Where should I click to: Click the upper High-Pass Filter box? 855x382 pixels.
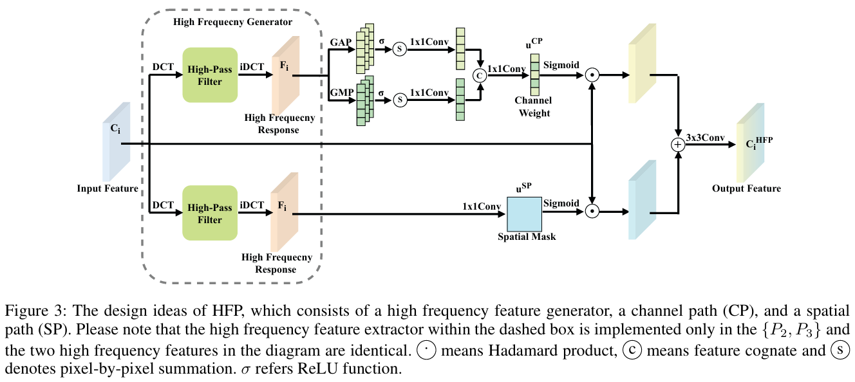(210, 75)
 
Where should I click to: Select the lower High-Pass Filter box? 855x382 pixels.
(210, 213)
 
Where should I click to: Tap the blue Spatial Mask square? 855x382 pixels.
(525, 214)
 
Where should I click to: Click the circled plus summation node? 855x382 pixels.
(678, 145)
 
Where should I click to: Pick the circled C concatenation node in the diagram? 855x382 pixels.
(480, 75)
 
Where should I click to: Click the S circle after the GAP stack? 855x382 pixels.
(400, 49)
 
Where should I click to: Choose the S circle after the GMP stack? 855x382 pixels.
(400, 100)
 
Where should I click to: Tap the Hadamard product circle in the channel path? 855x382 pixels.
(592, 75)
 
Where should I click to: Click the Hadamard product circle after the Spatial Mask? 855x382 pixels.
(592, 211)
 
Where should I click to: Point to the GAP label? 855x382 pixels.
(341, 42)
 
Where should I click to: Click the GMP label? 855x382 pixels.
(342, 93)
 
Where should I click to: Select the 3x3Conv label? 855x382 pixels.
(706, 138)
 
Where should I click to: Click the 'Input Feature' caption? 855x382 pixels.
(108, 188)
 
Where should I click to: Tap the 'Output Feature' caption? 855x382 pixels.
(747, 188)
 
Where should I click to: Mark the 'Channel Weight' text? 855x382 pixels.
(534, 107)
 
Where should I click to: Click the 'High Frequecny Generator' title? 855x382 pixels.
(233, 22)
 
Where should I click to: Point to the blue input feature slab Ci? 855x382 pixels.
(117, 142)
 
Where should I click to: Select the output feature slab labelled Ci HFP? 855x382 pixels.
(751, 143)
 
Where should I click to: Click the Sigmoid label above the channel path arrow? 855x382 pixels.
(561, 65)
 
